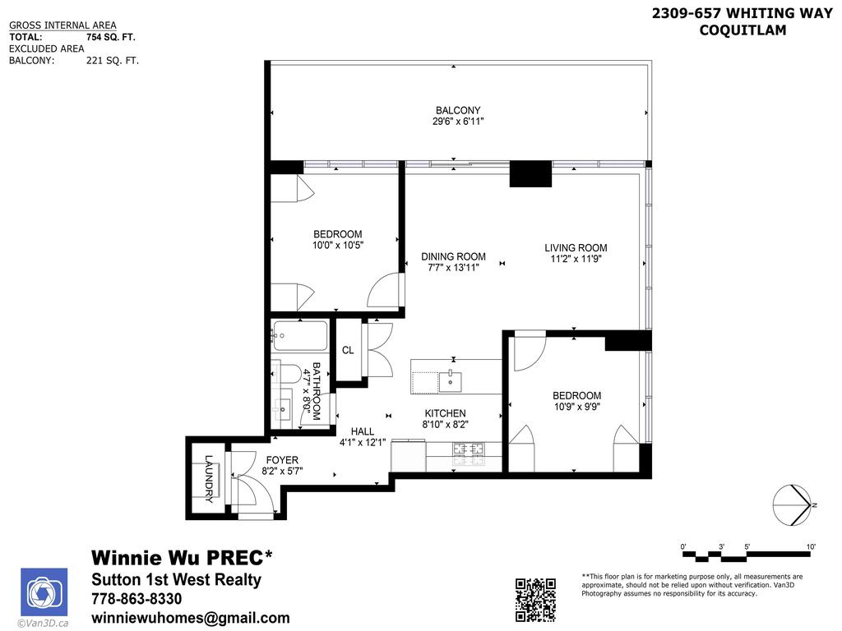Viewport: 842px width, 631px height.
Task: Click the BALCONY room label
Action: [458, 110]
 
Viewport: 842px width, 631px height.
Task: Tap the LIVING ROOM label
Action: [576, 248]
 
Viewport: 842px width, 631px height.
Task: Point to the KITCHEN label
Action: [445, 413]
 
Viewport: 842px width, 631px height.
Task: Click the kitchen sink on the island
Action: [450, 381]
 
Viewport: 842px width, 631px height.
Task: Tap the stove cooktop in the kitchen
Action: [468, 449]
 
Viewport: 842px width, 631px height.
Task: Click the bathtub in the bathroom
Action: [300, 336]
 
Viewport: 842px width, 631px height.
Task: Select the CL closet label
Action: [348, 350]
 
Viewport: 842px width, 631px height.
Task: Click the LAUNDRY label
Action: [209, 478]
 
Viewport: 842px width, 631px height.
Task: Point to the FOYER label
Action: [281, 460]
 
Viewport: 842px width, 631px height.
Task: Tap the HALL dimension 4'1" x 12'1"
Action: [363, 442]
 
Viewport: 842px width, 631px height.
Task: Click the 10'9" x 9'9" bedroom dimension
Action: [576, 407]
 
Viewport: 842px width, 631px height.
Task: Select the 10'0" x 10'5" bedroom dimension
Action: [337, 245]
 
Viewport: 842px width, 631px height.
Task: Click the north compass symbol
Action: [793, 504]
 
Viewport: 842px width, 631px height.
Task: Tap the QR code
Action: [535, 600]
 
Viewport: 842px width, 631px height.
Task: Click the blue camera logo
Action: [44, 592]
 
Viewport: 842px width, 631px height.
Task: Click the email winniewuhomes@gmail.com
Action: [190, 618]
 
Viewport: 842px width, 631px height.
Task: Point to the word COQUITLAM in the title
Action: [743, 30]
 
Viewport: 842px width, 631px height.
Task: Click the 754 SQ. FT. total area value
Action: [112, 37]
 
